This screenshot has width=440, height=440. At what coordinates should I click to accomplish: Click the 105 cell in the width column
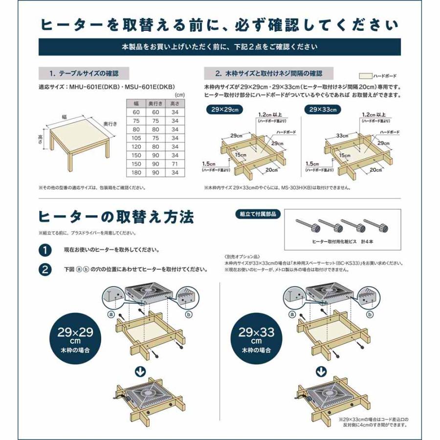[x=136, y=138]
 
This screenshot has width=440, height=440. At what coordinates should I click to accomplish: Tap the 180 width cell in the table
[x=136, y=173]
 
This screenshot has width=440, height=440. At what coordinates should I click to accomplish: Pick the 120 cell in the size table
[x=136, y=146]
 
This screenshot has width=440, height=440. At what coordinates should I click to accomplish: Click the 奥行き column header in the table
[x=156, y=104]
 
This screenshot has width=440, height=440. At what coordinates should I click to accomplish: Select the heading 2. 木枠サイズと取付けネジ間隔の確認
[x=269, y=74]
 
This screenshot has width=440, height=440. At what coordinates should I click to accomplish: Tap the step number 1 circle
[x=45, y=250]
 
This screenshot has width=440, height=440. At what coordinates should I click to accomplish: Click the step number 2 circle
[x=45, y=269]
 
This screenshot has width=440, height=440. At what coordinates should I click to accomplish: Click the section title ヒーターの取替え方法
[x=117, y=216]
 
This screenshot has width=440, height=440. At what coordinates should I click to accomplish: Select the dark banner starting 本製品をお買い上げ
[x=220, y=47]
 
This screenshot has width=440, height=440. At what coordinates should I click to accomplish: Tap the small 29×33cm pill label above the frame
[x=322, y=110]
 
